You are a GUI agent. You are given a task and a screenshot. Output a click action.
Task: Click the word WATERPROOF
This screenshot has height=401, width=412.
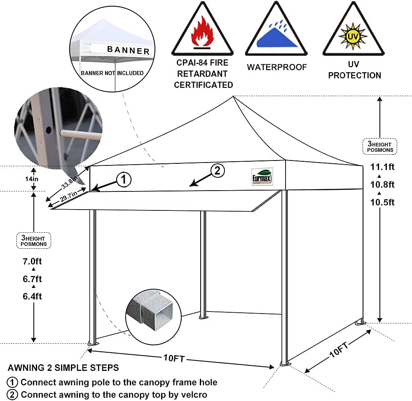tap(277, 67)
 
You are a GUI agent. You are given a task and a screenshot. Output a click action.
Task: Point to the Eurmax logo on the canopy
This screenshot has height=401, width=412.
tap(262, 177)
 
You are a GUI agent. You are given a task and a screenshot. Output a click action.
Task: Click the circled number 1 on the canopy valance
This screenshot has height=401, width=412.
tap(124, 179)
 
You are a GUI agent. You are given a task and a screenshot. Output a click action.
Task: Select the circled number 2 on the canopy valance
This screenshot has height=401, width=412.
tap(218, 170)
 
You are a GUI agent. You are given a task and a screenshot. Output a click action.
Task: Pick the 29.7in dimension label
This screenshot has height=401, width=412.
tap(68, 197)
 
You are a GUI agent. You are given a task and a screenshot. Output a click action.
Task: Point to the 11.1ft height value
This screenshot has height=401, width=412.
tap(382, 167)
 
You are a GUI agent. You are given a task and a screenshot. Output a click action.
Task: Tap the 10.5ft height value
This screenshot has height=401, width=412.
tap(382, 202)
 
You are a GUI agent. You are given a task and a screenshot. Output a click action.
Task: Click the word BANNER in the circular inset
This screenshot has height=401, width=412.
tap(128, 50)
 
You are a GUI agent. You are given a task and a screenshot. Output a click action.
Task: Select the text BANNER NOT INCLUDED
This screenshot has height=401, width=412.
tap(112, 73)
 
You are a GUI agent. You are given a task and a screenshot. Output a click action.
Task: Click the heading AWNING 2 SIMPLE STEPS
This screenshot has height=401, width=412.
tap(63, 368)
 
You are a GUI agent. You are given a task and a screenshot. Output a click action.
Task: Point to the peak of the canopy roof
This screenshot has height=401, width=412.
tap(234, 97)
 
